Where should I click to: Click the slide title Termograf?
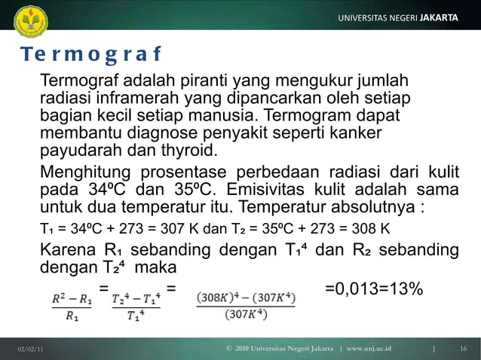(90, 56)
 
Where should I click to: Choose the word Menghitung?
(84, 170)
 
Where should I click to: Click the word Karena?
(67, 250)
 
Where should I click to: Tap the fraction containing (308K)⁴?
(246, 306)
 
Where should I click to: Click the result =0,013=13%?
(373, 288)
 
